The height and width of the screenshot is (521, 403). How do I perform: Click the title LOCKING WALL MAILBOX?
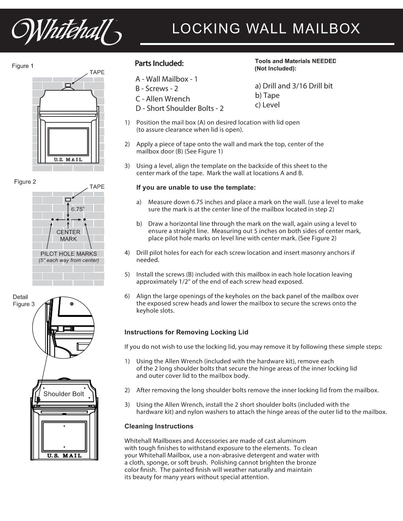coord(266,29)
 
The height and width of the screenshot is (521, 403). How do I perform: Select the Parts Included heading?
coord(159,64)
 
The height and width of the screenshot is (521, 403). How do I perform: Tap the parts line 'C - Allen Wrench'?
coord(162,99)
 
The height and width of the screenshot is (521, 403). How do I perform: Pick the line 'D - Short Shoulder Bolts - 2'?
coord(179,108)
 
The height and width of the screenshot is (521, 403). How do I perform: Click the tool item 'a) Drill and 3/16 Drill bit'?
coord(294,86)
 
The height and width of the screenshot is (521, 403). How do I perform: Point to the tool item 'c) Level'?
coord(267,105)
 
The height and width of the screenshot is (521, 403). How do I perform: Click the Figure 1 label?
coord(23,66)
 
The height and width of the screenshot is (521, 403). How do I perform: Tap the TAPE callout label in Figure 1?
coord(97,72)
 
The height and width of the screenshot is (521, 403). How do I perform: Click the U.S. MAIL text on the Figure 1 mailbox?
coord(68,159)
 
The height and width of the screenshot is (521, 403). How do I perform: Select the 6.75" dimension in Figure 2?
coord(77,209)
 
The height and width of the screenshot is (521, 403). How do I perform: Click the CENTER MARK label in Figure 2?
coord(68,235)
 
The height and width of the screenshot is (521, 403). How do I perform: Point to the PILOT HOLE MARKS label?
coord(68,254)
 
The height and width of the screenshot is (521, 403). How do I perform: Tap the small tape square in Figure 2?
coord(68,200)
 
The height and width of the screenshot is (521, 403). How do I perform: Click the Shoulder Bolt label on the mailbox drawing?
coord(64,394)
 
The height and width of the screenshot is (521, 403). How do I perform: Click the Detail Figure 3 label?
coord(23,300)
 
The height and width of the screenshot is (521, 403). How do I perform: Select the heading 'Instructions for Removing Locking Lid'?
coord(186,332)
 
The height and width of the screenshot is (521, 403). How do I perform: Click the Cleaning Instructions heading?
coord(159,426)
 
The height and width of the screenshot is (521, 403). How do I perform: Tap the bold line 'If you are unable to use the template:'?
coord(196,187)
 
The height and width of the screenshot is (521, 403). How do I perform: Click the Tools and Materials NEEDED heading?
coord(295,61)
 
